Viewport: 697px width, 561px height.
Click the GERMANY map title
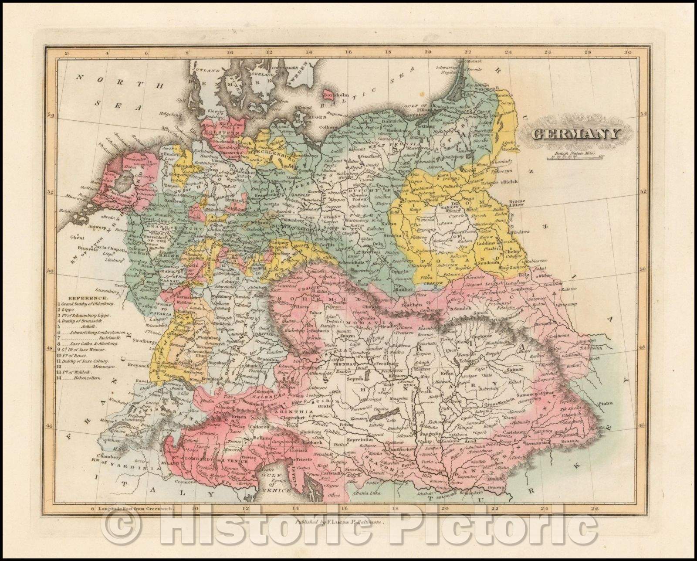[575, 133]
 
